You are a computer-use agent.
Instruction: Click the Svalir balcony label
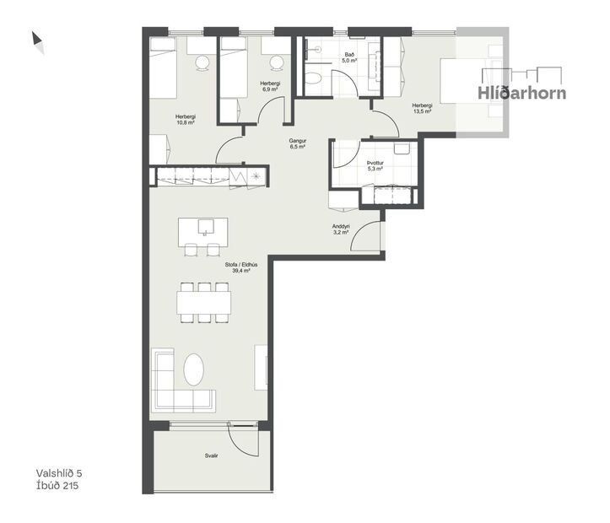click(211, 456)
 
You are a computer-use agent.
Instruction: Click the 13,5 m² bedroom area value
click(423, 111)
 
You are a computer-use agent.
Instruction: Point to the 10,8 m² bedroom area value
click(186, 122)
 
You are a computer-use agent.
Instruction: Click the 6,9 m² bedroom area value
click(270, 88)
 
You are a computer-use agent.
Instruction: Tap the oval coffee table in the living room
click(194, 370)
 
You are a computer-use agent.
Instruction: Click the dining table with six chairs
click(203, 301)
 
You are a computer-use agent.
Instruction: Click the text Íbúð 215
click(57, 486)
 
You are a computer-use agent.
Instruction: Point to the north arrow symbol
click(38, 40)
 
